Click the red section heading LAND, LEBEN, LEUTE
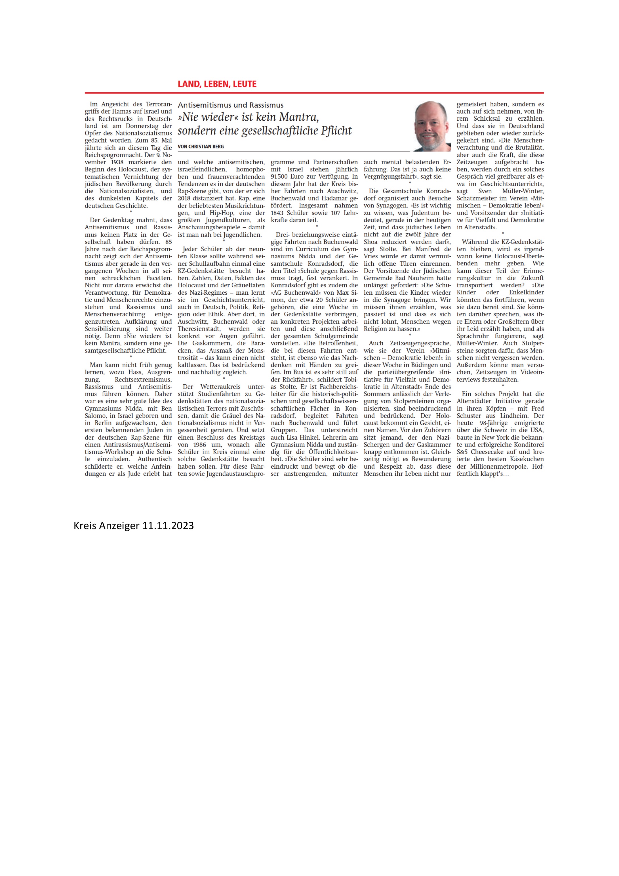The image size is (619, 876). (217, 84)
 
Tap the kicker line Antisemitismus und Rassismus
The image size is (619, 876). (230, 105)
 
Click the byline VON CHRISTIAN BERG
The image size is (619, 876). (201, 146)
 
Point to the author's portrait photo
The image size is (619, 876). (432, 126)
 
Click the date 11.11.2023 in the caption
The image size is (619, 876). (168, 526)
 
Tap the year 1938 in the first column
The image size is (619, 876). (117, 162)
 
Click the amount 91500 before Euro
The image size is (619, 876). (282, 177)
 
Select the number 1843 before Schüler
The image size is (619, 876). (279, 213)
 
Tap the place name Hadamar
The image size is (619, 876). (336, 198)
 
